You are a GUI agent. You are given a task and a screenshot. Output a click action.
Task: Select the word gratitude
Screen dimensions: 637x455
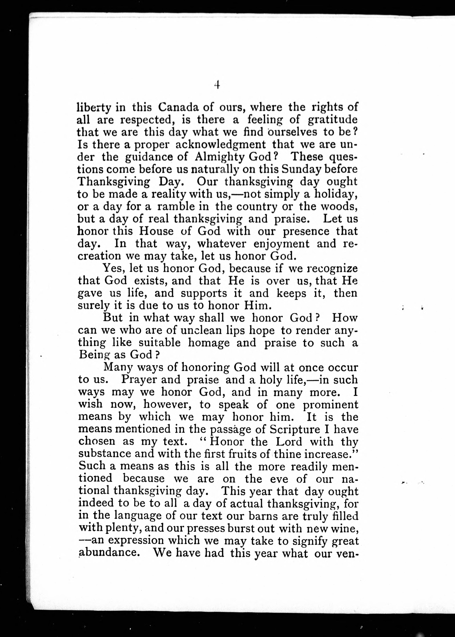pyautogui.click(x=333, y=120)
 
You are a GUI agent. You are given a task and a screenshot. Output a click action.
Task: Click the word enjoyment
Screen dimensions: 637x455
pyautogui.click(x=281, y=244)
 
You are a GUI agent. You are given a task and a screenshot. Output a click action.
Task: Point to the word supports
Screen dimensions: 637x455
pyautogui.click(x=204, y=293)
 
